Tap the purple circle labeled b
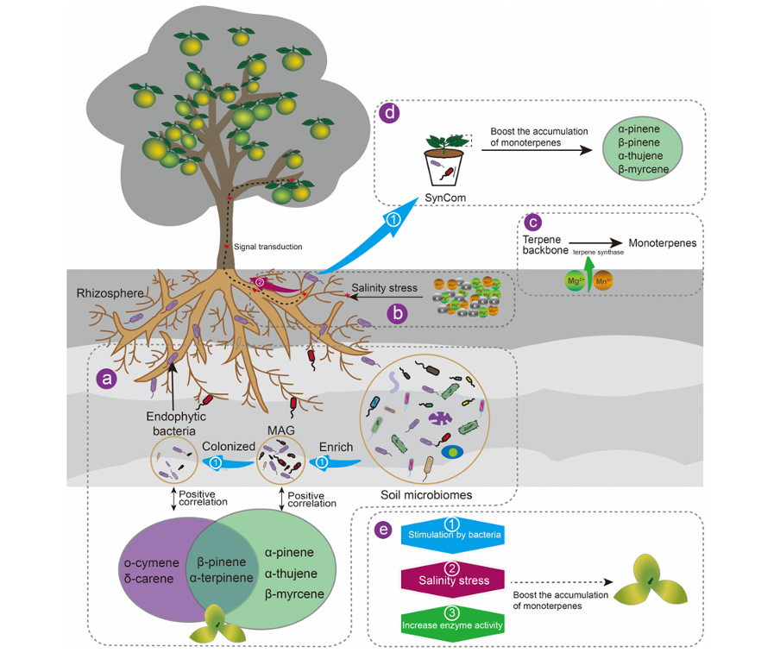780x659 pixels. pos(398,313)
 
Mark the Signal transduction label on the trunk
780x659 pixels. pos(268,247)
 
